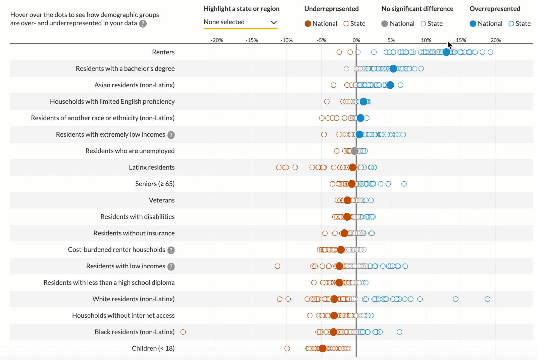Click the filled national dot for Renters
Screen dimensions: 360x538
click(446, 52)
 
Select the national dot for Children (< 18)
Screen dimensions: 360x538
click(323, 348)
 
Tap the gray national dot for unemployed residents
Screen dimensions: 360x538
click(354, 151)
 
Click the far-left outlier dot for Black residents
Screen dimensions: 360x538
click(183, 332)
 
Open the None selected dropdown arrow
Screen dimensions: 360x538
click(274, 22)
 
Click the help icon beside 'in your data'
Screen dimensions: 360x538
click(143, 24)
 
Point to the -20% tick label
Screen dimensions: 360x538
click(217, 40)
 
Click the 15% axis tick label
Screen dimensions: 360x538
click(461, 40)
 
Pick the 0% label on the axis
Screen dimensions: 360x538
click(356, 40)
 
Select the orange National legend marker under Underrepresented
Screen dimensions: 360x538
click(308, 24)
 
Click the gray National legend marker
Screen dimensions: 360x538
click(385, 24)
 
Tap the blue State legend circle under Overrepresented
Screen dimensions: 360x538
click(511, 24)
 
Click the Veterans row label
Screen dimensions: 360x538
click(162, 200)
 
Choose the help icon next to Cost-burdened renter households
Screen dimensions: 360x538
click(171, 250)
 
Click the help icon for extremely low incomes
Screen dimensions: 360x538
click(171, 135)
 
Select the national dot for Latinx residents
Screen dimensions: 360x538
click(352, 167)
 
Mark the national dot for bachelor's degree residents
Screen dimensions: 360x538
click(393, 69)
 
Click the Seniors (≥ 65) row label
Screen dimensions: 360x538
click(155, 184)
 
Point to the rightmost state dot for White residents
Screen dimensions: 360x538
click(487, 299)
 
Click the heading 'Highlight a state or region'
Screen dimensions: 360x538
click(241, 9)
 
